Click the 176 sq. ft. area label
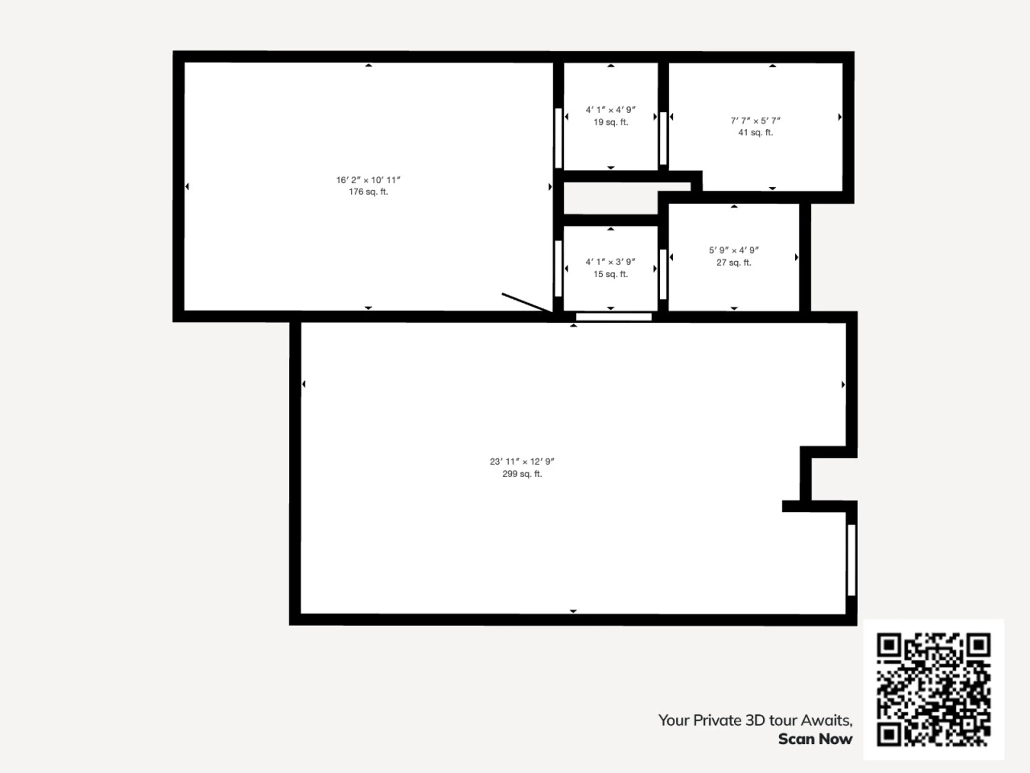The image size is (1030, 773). click(368, 192)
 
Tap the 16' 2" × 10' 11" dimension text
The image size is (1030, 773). click(368, 180)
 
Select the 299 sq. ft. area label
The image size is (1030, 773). click(522, 474)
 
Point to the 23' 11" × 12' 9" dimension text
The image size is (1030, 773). click(522, 461)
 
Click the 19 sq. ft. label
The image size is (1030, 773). click(610, 122)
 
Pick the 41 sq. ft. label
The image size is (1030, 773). click(755, 132)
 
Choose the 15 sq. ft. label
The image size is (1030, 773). click(610, 274)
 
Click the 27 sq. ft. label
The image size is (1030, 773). click(734, 262)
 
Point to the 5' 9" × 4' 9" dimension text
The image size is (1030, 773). click(734, 250)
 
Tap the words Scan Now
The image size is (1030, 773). click(815, 739)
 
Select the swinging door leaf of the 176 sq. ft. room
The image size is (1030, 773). click(527, 303)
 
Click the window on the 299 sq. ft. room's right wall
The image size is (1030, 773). click(851, 560)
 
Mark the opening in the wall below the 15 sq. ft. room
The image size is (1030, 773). click(614, 317)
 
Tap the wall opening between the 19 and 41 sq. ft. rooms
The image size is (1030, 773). click(663, 138)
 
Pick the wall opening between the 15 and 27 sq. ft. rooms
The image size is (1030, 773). click(663, 274)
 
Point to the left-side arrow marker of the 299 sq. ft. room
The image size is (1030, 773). click(304, 384)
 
